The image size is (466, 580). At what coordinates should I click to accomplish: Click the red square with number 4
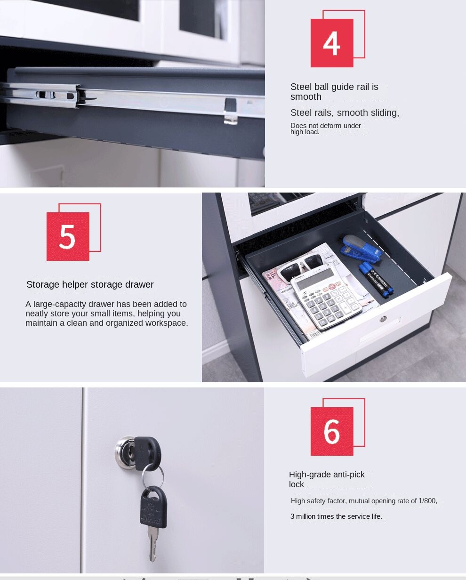(x=332, y=43)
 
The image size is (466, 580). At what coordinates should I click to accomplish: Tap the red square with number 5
(x=68, y=236)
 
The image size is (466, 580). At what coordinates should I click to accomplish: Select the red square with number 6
(x=332, y=431)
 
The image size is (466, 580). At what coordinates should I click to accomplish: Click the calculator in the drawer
(x=326, y=297)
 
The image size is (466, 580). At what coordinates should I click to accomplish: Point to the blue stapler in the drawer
(x=361, y=249)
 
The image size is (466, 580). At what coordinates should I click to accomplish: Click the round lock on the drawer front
(x=383, y=319)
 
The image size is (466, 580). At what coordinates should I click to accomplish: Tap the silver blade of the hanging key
(x=153, y=543)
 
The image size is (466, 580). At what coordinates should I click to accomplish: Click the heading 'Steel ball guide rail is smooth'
(x=334, y=92)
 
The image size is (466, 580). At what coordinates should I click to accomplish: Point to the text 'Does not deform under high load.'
(x=326, y=129)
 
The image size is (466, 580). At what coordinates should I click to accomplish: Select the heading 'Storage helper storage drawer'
(x=90, y=284)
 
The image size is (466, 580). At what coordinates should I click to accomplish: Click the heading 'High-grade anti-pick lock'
(x=327, y=479)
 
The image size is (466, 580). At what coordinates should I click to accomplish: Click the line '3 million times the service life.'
(x=336, y=516)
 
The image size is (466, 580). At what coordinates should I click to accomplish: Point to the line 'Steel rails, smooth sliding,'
(x=345, y=113)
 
